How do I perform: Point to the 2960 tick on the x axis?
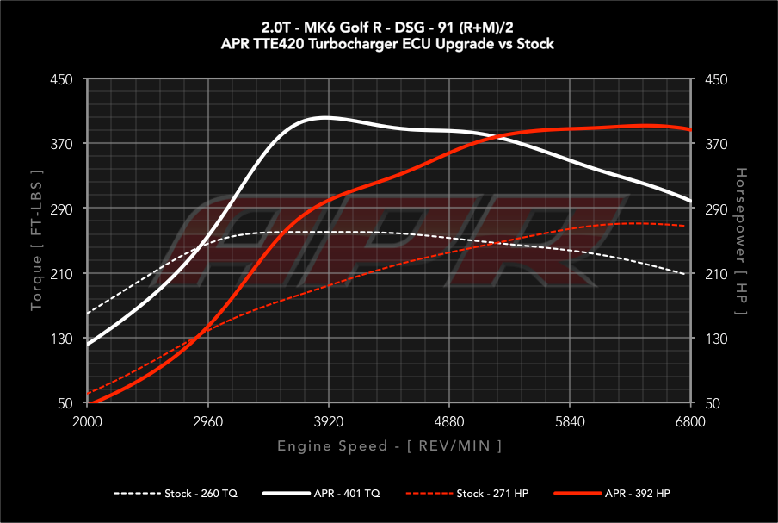(x=208, y=422)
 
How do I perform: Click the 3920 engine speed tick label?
(x=329, y=422)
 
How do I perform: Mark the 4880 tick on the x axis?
(x=450, y=422)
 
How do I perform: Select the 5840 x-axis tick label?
(x=571, y=422)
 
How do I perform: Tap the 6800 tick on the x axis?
(x=691, y=422)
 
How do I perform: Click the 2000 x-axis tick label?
(x=88, y=422)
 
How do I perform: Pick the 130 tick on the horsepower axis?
(x=716, y=339)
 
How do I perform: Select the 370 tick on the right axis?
(x=716, y=144)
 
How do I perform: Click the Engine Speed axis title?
(x=389, y=445)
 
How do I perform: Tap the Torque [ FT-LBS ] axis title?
(x=37, y=241)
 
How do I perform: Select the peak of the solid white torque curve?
(x=328, y=117)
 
